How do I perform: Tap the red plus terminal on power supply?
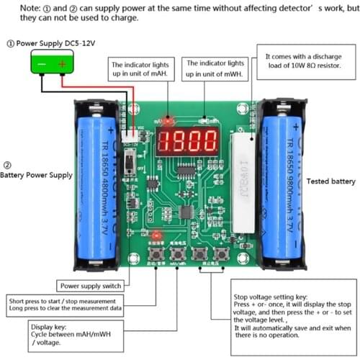(x=62, y=65)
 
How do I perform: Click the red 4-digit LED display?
(x=189, y=139)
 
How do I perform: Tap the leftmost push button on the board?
(x=154, y=255)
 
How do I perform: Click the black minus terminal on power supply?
(x=42, y=65)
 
